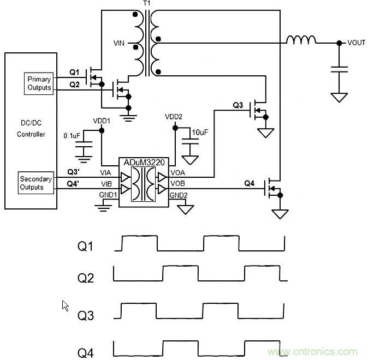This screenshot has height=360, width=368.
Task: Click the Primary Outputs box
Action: click(x=39, y=83)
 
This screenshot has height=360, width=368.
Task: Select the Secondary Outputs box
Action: click(x=35, y=183)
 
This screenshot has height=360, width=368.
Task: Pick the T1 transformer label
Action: click(x=146, y=4)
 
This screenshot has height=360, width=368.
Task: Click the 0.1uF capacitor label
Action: click(x=72, y=135)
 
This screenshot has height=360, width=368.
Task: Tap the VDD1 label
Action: click(x=102, y=121)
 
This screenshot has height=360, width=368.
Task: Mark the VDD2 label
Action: click(x=174, y=117)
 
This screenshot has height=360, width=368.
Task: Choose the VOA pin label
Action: click(x=179, y=172)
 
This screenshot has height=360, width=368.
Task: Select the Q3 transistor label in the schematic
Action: click(x=239, y=105)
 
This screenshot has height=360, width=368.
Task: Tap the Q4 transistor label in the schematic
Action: click(x=249, y=183)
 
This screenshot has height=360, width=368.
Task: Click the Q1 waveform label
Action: click(x=85, y=247)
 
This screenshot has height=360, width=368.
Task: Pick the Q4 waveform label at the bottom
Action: click(x=86, y=353)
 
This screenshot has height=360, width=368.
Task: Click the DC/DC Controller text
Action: click(x=31, y=129)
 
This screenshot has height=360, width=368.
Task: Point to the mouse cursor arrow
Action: click(x=66, y=305)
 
